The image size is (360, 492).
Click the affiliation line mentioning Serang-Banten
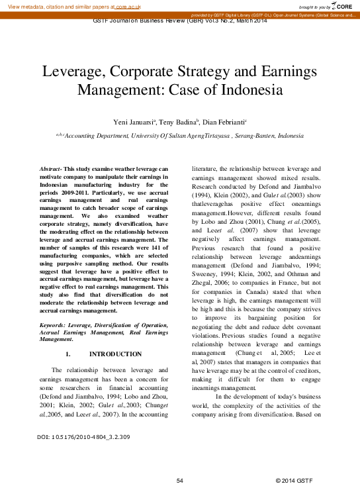(x=180, y=135)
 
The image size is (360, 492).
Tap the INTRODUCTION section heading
(x=115, y=354)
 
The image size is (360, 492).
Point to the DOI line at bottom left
(x=83, y=437)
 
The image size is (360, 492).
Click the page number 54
(x=179, y=479)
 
